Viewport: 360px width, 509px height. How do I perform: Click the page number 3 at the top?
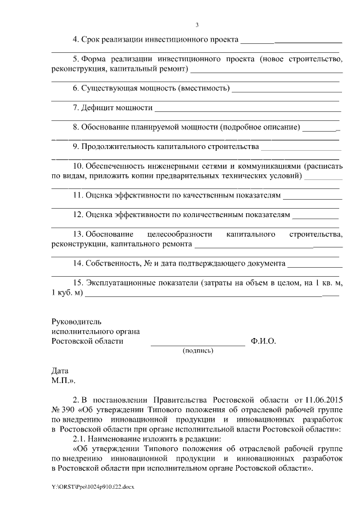point(197,24)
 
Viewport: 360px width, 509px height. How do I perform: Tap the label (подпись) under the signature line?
point(197,351)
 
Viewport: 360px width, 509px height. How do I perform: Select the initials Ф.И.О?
point(263,341)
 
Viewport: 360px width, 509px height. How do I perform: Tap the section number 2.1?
point(79,439)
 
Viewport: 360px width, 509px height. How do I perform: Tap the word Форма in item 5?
point(93,59)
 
